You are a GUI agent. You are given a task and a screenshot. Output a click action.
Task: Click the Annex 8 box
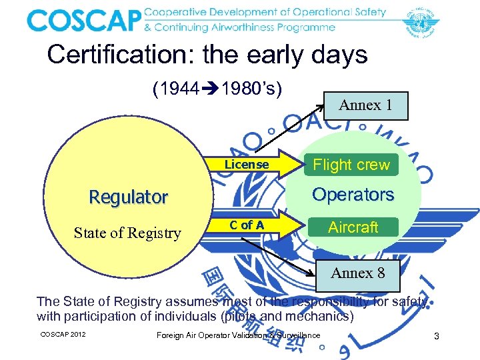(x=357, y=273)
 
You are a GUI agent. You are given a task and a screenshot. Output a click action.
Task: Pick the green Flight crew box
(x=351, y=165)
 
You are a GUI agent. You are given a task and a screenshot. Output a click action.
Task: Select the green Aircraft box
(x=353, y=227)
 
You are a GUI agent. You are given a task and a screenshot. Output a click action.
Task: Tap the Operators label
(x=353, y=195)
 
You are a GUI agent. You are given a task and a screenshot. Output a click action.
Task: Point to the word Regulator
(x=129, y=197)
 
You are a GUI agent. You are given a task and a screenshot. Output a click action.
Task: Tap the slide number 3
(x=436, y=337)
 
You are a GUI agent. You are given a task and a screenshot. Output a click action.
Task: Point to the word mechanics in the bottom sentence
(x=319, y=316)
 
